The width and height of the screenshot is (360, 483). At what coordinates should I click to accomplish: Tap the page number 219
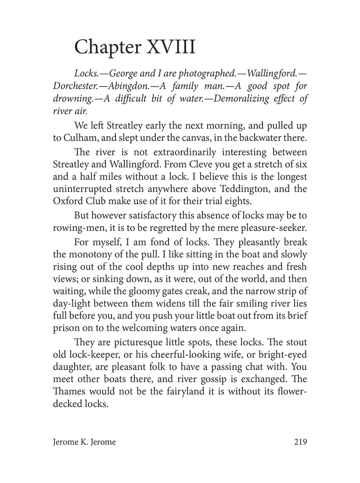tap(299, 442)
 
